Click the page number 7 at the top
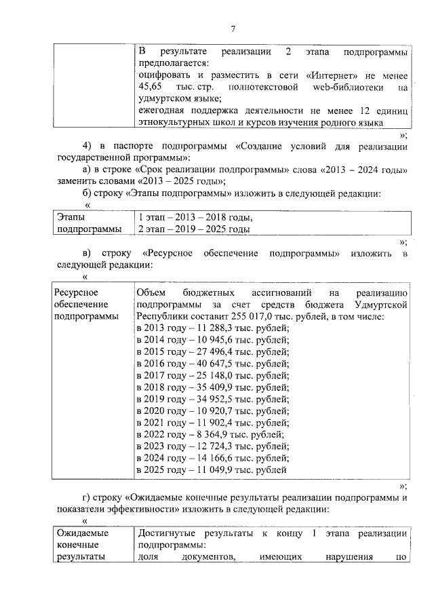coord(232,28)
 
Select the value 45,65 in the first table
coord(150,88)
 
